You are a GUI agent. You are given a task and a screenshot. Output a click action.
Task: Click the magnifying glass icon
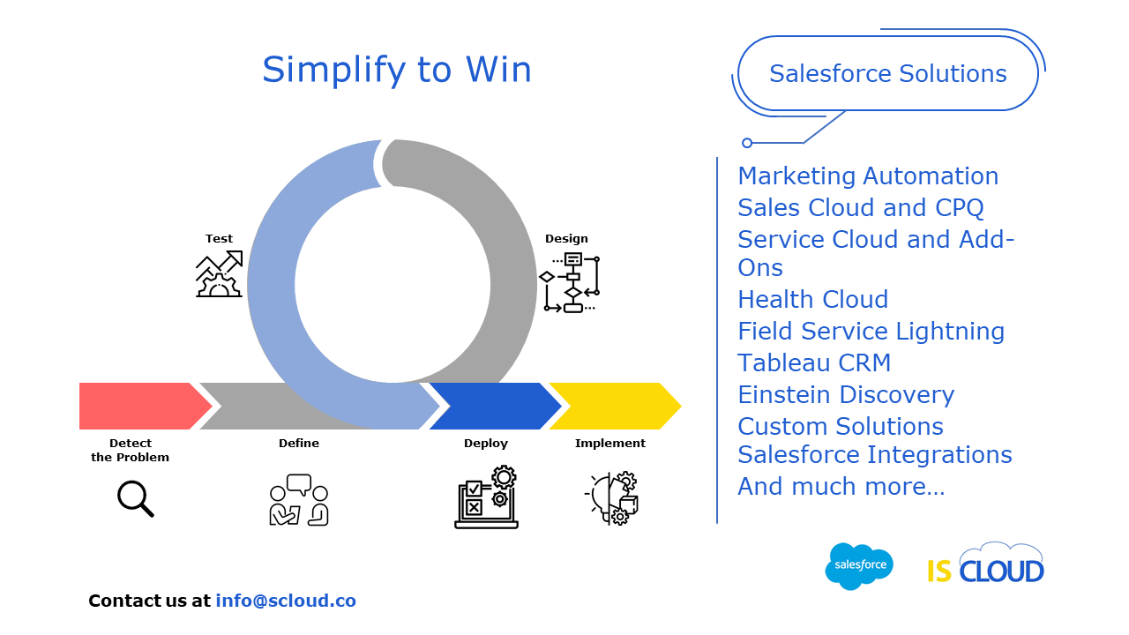pyautogui.click(x=135, y=499)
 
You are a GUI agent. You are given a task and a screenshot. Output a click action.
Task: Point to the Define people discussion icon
pyautogui.click(x=299, y=500)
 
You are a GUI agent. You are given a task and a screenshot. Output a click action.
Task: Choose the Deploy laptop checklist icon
pyautogui.click(x=486, y=497)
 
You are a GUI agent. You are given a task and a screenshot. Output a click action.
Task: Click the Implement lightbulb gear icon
pyautogui.click(x=611, y=498)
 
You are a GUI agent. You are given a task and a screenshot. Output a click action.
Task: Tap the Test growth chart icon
pyautogui.click(x=220, y=273)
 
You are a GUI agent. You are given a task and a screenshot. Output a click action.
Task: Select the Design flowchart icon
pyautogui.click(x=570, y=283)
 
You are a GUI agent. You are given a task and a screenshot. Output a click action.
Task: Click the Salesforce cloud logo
pyautogui.click(x=859, y=566)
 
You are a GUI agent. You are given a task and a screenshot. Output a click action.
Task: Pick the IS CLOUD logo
pyautogui.click(x=985, y=564)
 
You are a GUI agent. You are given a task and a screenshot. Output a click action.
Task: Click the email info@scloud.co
pyautogui.click(x=286, y=601)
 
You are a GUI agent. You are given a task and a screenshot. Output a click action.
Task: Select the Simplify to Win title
pyautogui.click(x=397, y=70)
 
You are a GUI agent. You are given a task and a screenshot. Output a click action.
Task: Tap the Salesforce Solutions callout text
pyautogui.click(x=887, y=73)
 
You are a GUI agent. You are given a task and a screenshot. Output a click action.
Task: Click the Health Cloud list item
pyautogui.click(x=813, y=299)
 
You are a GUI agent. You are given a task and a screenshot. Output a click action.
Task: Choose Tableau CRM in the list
pyautogui.click(x=814, y=362)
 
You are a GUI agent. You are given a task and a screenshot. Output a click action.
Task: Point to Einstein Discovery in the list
pyautogui.click(x=846, y=394)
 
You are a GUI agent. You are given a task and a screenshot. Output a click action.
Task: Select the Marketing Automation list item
pyautogui.click(x=868, y=176)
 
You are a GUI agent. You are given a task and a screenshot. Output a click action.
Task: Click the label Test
pyautogui.click(x=219, y=238)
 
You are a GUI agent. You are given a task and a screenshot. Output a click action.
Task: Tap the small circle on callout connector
pyautogui.click(x=747, y=143)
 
